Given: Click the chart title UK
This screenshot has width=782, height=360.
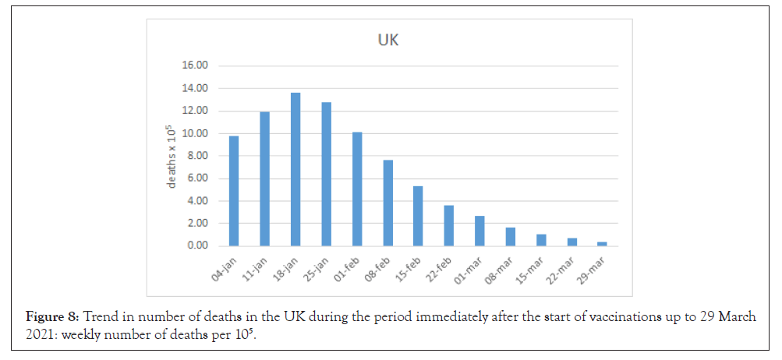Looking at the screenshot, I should coord(388,40).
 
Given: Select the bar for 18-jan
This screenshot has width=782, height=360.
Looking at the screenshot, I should coord(295,169).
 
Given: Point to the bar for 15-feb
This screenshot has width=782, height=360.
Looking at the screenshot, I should coord(419,216).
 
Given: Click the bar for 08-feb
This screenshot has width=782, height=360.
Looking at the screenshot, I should coord(387,203).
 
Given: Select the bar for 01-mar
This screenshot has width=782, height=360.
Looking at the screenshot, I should coord(479,231).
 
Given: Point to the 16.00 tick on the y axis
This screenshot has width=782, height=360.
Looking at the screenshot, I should coord(194,65).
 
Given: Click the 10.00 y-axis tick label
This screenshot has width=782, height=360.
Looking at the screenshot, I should coord(194,133).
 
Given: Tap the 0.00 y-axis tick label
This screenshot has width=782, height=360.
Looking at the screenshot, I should coord(196,245).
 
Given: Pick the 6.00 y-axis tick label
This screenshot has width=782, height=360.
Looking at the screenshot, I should coord(196,178).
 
